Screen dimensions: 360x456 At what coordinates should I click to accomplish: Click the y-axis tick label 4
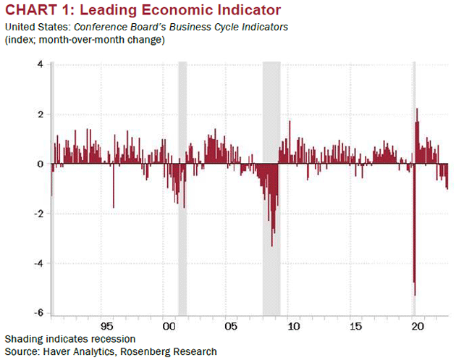[40, 64]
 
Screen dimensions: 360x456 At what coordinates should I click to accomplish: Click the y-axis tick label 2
[40, 114]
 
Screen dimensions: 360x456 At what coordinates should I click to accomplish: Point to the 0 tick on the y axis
[40, 164]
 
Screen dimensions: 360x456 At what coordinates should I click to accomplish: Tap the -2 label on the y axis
[38, 214]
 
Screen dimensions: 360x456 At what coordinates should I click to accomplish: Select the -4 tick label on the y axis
[38, 264]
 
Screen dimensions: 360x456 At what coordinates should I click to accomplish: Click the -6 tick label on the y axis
[38, 313]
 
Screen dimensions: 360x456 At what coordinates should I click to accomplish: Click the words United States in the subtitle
[32, 28]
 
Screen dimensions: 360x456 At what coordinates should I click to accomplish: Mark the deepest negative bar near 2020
[415, 290]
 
